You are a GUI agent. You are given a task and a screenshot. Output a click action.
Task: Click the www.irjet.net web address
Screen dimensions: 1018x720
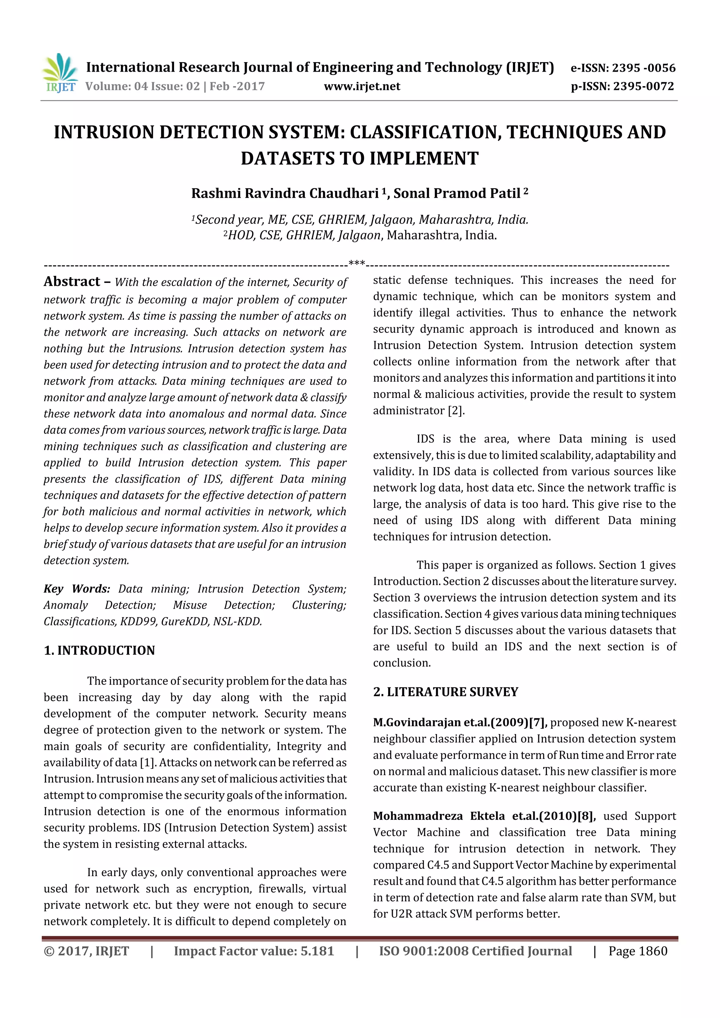coord(362,86)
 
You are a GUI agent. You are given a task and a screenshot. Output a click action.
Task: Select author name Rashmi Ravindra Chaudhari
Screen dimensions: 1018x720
coord(285,193)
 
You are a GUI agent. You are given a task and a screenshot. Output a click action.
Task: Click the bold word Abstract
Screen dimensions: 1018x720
coord(72,281)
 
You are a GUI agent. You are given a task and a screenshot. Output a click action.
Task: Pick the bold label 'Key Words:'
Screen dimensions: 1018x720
coord(77,589)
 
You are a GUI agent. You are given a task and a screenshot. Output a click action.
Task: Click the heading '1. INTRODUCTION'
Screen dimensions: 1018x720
coord(99,650)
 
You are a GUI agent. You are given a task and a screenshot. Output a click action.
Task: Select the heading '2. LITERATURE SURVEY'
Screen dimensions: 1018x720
coord(445,692)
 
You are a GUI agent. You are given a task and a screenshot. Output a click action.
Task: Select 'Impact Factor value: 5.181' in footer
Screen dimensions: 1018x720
coord(254,951)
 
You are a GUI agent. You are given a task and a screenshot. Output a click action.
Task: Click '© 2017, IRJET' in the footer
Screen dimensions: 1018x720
coord(86,951)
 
